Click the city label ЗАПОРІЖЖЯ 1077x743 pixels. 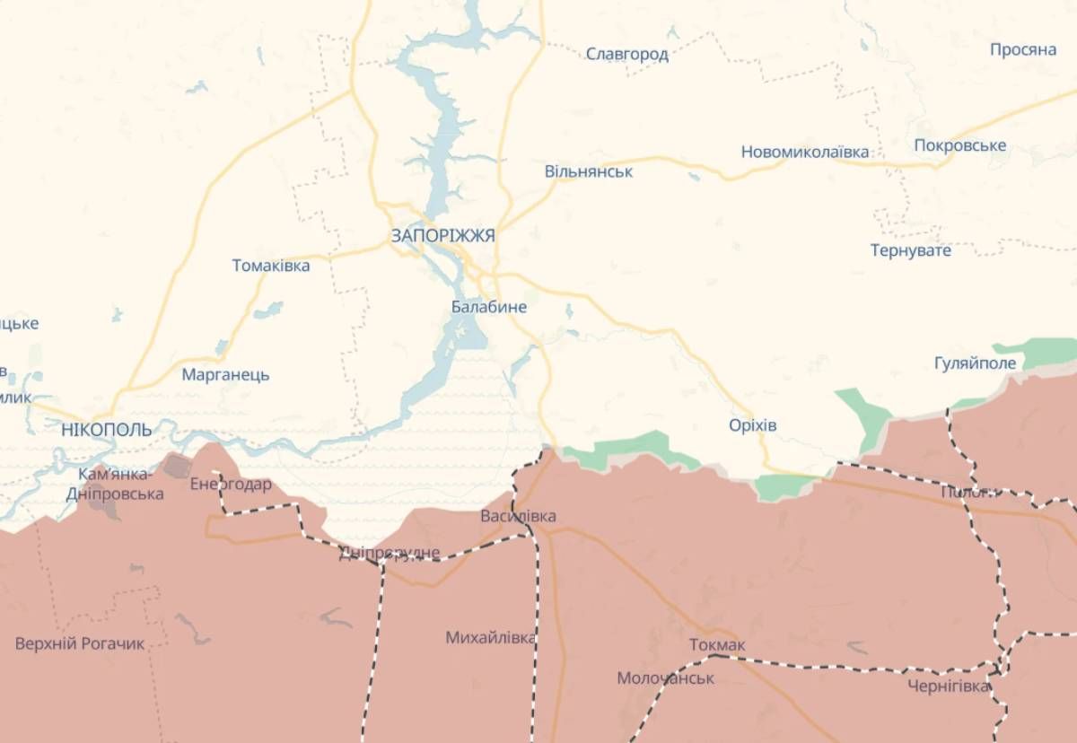pos(442,235)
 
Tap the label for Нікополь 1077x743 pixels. pos(107,430)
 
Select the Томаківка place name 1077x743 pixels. pos(271,266)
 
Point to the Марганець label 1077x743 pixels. pos(225,375)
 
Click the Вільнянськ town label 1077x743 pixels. pos(589,170)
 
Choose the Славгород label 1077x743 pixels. pos(627,54)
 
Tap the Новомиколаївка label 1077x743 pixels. pos(805,152)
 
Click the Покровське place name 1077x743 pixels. pos(960,145)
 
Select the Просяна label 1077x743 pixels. pos(1023,49)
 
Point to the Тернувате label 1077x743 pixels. pos(911,250)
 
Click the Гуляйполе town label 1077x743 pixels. pos(976,363)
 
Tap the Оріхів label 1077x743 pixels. pos(753,424)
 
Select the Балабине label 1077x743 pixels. pos(489,307)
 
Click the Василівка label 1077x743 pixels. pos(518,516)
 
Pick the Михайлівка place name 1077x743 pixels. pos(491,638)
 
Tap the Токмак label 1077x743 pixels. pos(718,645)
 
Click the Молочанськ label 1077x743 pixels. pos(666,678)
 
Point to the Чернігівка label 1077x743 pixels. pos(949,686)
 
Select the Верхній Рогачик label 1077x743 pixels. pos(80,643)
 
